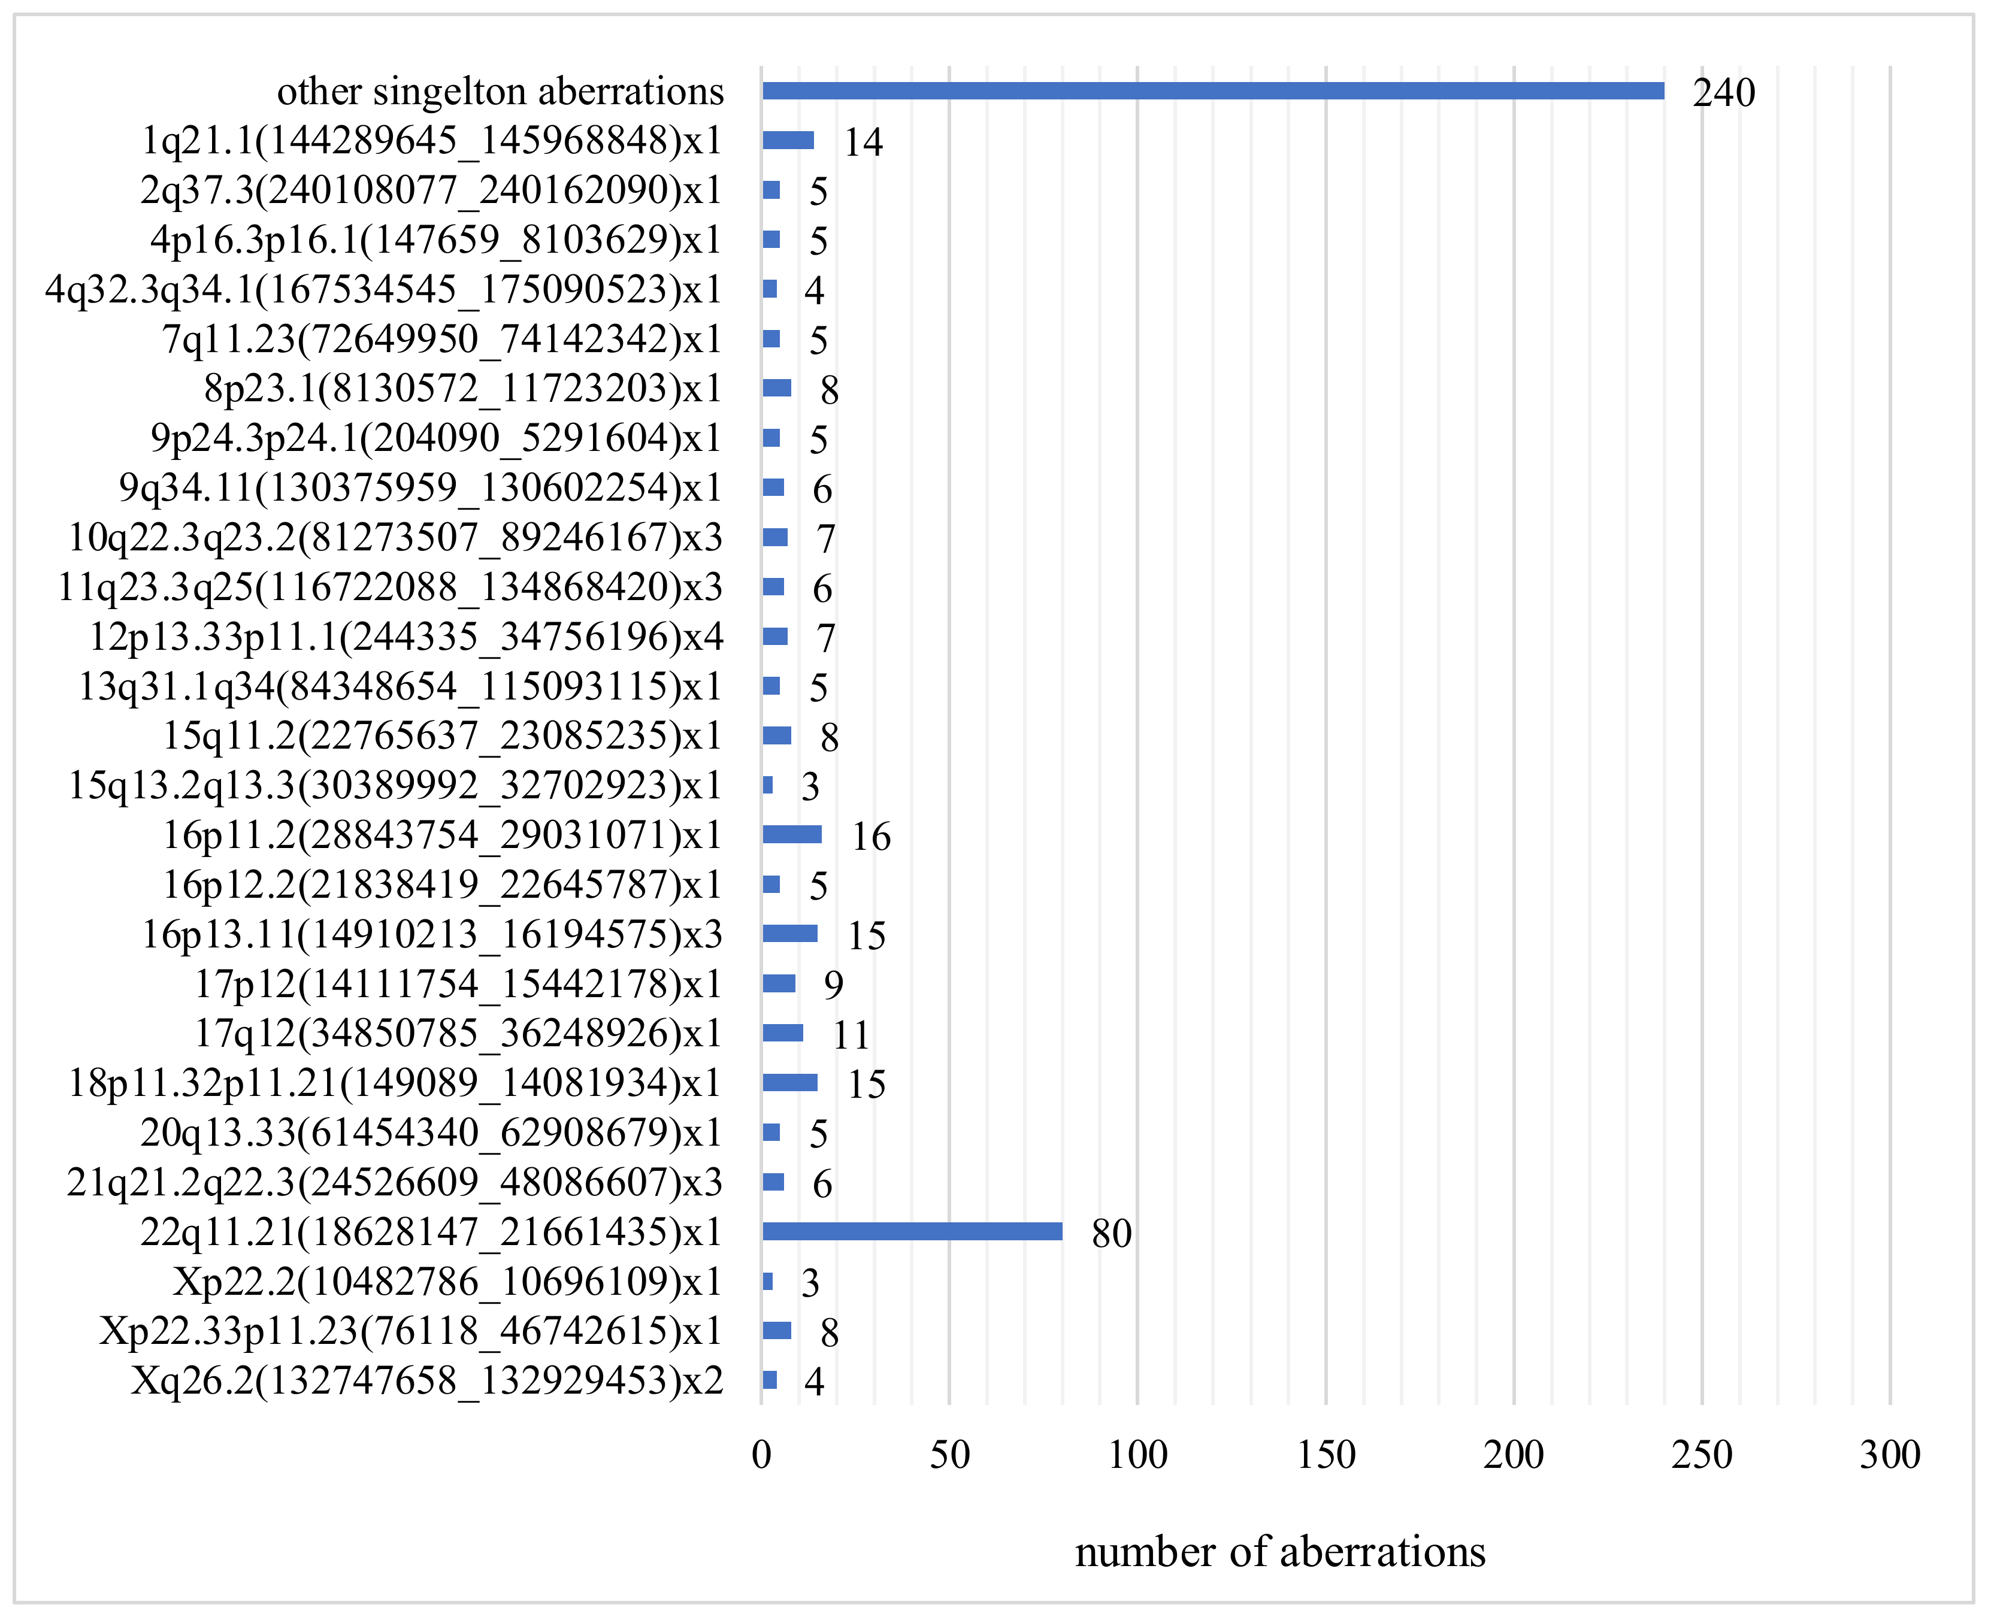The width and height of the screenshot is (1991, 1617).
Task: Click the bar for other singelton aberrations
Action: tap(1212, 90)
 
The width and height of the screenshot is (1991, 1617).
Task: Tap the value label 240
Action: tap(1724, 92)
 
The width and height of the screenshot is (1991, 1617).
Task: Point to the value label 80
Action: tap(1112, 1233)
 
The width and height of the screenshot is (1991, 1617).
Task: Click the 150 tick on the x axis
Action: tap(1326, 1455)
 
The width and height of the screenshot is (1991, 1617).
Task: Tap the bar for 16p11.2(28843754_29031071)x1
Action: tap(792, 835)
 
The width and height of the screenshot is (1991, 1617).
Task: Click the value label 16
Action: tap(871, 837)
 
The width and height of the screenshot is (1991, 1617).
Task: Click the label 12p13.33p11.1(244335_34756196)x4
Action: tap(406, 637)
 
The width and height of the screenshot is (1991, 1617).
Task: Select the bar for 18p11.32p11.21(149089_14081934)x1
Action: tap(790, 1082)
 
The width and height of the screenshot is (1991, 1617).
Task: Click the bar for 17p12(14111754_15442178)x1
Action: tap(779, 983)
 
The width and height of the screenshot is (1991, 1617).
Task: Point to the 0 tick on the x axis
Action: tap(761, 1455)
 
